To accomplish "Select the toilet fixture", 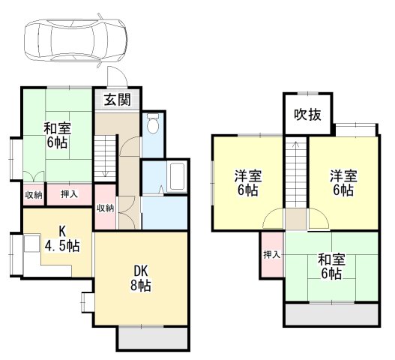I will (x=153, y=124).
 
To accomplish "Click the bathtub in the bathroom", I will (x=178, y=178).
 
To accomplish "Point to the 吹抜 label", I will (x=307, y=115).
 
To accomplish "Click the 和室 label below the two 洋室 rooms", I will (x=331, y=266).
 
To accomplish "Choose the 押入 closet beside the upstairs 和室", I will (x=271, y=255).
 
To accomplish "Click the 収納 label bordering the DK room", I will (x=105, y=208).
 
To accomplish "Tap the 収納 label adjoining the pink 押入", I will (x=33, y=194).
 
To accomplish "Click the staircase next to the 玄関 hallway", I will (x=104, y=158).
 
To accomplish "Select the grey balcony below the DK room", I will (x=151, y=338).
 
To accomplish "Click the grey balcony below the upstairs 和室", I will (x=331, y=315).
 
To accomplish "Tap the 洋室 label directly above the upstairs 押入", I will (x=247, y=182).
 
